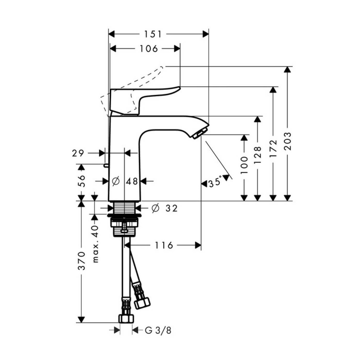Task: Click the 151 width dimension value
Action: click(153, 34)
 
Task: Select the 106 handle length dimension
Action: click(148, 49)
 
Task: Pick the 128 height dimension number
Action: click(257, 155)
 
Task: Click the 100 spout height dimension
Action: click(244, 165)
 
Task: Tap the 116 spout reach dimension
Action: click(164, 245)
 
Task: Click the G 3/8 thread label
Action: click(158, 330)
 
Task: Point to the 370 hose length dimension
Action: click(82, 261)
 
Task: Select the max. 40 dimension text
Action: click(95, 244)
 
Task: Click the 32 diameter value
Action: click(172, 208)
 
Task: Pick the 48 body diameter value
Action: click(132, 181)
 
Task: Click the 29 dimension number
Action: click(78, 153)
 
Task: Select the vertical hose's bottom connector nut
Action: click(126, 318)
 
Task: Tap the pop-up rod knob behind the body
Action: click(105, 165)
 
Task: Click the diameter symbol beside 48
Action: click(116, 181)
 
